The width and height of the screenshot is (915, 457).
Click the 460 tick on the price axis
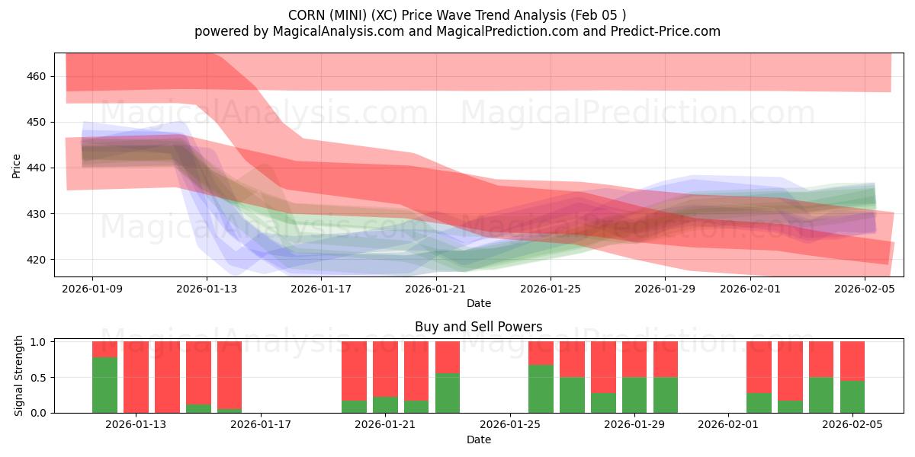37,76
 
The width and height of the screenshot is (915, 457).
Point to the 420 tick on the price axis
37,260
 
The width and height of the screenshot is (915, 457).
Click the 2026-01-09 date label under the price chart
92,289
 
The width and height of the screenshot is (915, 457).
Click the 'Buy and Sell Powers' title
478,327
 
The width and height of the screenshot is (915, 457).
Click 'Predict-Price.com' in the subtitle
663,31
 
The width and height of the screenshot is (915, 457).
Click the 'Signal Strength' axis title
19,377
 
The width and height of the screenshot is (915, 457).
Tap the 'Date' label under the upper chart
478,303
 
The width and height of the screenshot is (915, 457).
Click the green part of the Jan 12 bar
104,385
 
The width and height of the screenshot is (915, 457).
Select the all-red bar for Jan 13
136,377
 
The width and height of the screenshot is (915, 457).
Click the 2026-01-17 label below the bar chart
261,424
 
